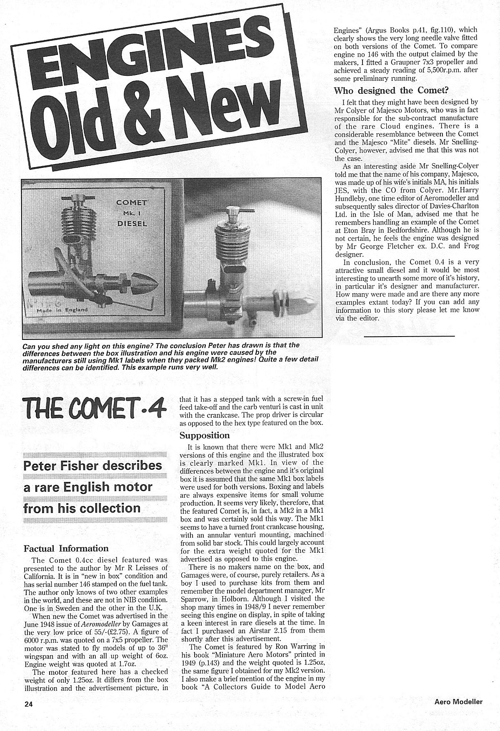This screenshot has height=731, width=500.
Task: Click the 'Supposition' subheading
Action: coord(205,435)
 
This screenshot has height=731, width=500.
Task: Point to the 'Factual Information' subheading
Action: coord(66,548)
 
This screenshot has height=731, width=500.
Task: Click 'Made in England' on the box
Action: coord(62,309)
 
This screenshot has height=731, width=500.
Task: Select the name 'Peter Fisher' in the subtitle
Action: coord(59,465)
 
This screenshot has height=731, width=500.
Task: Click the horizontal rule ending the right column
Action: coord(408,335)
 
